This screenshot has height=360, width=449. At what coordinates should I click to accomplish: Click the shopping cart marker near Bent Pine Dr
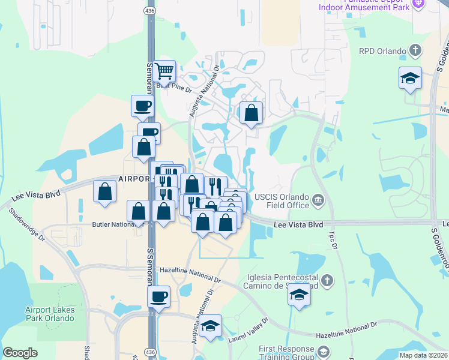click(164, 71)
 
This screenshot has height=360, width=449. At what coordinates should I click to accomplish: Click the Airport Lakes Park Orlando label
click(49, 314)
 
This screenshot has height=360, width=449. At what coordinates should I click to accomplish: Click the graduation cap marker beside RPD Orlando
click(410, 79)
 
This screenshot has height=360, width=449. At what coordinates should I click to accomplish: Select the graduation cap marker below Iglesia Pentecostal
click(299, 295)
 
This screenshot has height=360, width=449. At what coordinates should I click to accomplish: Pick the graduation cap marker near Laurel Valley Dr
click(210, 326)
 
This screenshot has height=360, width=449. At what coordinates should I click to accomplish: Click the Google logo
click(20, 353)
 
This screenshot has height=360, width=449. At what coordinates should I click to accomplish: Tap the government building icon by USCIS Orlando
click(318, 199)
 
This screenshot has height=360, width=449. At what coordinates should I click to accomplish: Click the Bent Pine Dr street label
click(173, 89)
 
